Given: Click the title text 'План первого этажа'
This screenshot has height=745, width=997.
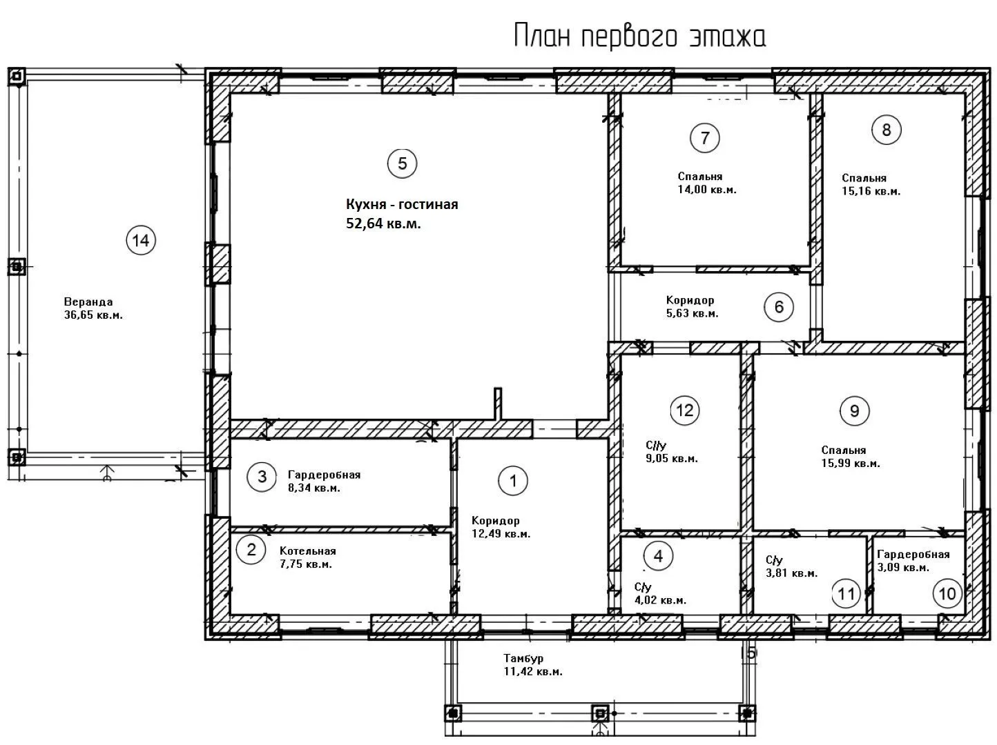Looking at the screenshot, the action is coord(639,37).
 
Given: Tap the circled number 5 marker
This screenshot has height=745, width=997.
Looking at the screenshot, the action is coord(402,163).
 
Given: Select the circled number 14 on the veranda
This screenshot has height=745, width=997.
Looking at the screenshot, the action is coord(141,241).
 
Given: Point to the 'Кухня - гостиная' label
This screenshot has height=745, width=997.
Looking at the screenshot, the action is coord(402,204).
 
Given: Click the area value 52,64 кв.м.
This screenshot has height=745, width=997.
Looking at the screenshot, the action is coord(383,223).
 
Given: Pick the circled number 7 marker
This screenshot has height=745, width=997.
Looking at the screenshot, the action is coord(704,138).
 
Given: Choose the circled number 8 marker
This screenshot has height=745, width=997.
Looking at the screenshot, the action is coord(886,130).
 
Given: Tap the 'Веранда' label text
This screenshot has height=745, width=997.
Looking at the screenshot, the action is coord(88,301).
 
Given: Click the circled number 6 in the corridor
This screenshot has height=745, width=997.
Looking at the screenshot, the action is coord(779,307).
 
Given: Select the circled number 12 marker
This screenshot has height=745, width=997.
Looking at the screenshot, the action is coord(685,410).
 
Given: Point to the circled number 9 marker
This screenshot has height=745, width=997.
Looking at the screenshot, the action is coord(854,411).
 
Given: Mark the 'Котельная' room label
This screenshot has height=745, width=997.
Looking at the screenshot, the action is coord(307,550).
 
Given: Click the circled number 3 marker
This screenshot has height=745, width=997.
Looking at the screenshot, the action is coord(262,477).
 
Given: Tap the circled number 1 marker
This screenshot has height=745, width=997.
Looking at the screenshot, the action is coord(513,481).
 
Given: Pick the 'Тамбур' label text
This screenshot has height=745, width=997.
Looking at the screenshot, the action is coord(523,658).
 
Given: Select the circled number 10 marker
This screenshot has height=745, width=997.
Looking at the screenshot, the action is coord(947,593).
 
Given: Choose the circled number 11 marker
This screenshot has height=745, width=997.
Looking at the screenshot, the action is coord(846,593).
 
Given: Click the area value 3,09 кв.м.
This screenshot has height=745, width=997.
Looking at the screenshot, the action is coord(903,567).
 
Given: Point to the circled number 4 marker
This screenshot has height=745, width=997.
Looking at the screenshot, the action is coord(658,556).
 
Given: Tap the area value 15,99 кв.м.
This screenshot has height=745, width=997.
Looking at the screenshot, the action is coord(851,464).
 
